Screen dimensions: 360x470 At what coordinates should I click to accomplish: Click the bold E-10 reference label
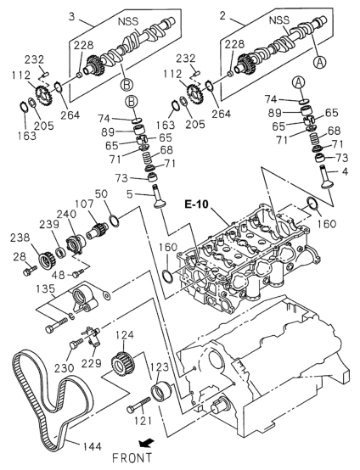tap(196, 204)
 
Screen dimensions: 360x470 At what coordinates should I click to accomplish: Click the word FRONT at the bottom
tap(132, 458)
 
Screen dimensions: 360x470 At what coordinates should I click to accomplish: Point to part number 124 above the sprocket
tap(124, 335)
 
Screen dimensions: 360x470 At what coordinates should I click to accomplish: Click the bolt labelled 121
tap(138, 405)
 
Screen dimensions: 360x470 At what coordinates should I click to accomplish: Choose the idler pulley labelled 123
tap(160, 392)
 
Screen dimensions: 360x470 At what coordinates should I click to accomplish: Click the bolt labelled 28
tap(30, 270)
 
